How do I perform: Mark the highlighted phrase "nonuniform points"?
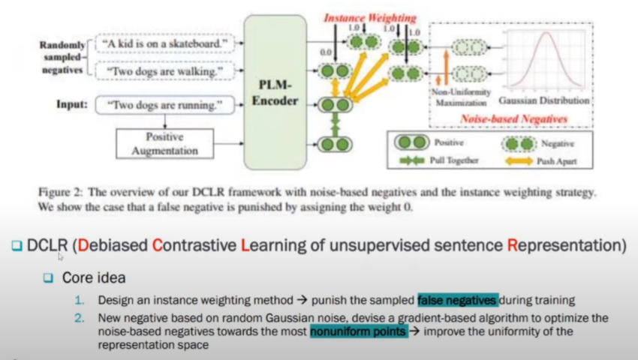359,331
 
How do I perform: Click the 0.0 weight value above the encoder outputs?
324,52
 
